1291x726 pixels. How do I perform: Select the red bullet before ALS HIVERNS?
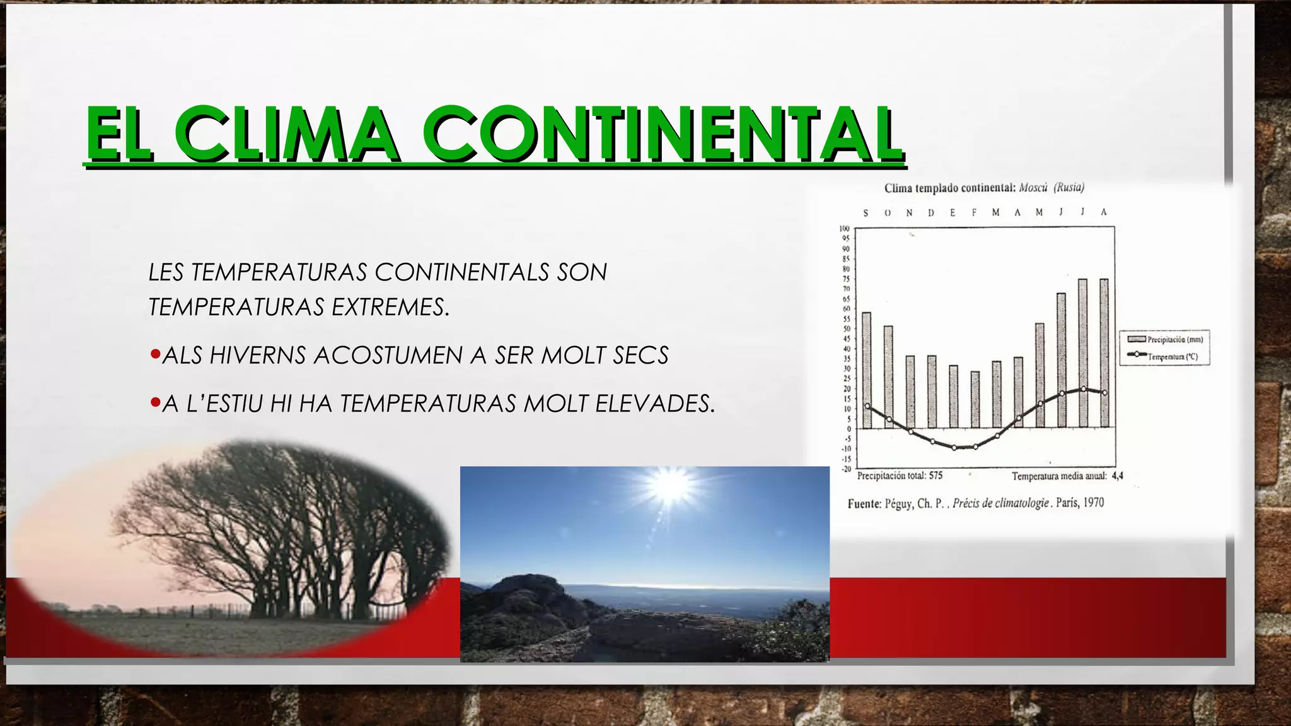(x=155, y=355)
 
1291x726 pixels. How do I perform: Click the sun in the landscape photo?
(x=671, y=486)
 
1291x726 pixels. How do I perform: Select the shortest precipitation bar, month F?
(x=975, y=400)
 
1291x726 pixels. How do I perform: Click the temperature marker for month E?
(x=954, y=447)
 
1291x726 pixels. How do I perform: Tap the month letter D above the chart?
(x=931, y=213)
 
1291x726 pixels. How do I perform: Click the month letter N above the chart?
(x=909, y=213)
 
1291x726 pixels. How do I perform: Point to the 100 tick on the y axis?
(x=845, y=228)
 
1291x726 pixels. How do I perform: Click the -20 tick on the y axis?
(x=846, y=469)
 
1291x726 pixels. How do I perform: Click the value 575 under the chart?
(x=935, y=476)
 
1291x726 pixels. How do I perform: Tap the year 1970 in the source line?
(x=1093, y=503)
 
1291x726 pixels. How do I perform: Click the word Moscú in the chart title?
(x=1033, y=187)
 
